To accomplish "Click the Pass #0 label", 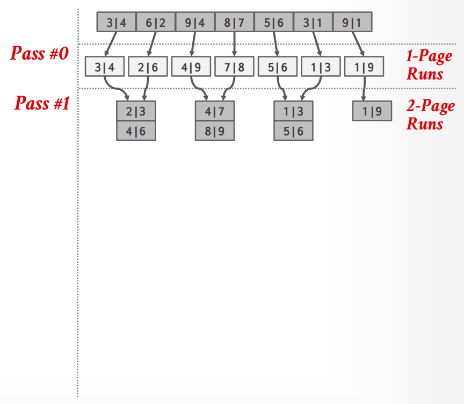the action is click(39, 53).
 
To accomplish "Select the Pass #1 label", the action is click(42, 103).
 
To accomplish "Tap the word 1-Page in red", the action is click(429, 56).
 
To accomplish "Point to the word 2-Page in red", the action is click(431, 106).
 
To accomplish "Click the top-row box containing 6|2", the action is click(156, 22).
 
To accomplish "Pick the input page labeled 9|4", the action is click(195, 22).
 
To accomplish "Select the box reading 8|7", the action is click(234, 22).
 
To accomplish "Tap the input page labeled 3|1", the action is click(313, 22).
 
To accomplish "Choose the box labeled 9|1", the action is click(352, 22).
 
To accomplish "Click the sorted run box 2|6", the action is click(148, 67).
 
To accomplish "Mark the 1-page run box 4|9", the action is click(191, 67).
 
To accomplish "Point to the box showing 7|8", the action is click(234, 67).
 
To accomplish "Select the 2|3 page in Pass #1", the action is click(136, 111).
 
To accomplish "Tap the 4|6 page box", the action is click(136, 131).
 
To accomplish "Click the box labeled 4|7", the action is click(215, 111).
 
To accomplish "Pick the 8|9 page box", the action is click(215, 131).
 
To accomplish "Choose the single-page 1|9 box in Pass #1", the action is click(372, 111).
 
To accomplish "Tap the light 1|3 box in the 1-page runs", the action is click(321, 67).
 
